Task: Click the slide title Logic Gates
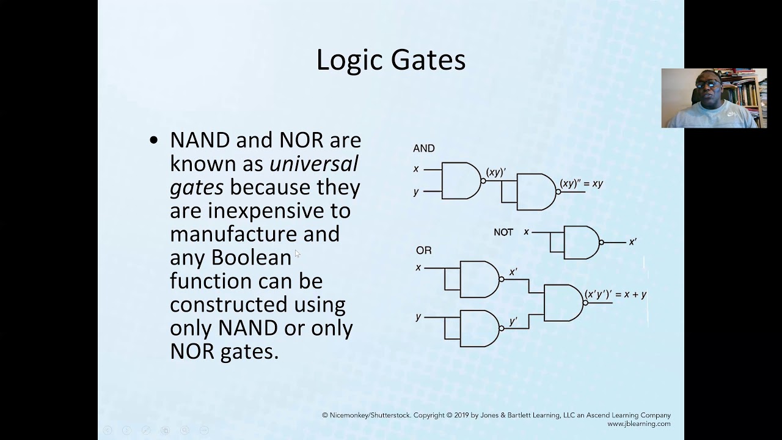[x=390, y=60]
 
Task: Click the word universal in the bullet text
[x=313, y=164]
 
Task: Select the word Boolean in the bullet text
[x=251, y=258]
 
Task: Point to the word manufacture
[x=233, y=234]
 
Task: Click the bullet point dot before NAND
[x=154, y=141]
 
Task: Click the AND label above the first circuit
[x=423, y=148]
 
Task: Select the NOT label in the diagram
[x=503, y=232]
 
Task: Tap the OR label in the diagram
[x=423, y=251]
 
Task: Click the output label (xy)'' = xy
[x=581, y=183]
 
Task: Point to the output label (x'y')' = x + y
[x=615, y=295]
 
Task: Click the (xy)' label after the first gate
[x=495, y=172]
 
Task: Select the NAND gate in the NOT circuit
[x=581, y=243]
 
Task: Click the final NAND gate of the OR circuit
[x=562, y=302]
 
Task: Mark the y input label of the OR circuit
[x=418, y=317]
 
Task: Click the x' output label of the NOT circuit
[x=632, y=242]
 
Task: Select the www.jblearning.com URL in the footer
[x=638, y=424]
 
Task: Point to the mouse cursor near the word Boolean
[x=298, y=253]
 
